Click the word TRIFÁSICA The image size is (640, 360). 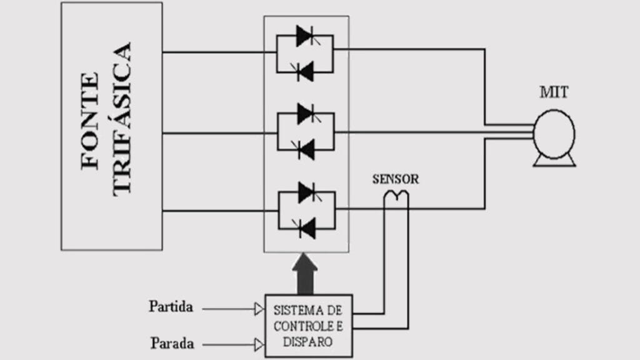(122, 119)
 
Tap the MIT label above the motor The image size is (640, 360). (554, 93)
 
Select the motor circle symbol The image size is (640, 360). (554, 133)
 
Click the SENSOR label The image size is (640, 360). (396, 179)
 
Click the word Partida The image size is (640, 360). (171, 307)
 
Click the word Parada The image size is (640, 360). (172, 343)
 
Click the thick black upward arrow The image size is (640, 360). (304, 273)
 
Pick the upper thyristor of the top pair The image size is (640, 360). (306, 36)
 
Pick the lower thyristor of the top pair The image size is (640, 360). (306, 72)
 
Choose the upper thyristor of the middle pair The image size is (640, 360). (306, 114)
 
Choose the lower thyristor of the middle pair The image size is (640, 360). (306, 149)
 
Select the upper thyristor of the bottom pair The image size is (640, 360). (306, 192)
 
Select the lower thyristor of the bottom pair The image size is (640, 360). (306, 228)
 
